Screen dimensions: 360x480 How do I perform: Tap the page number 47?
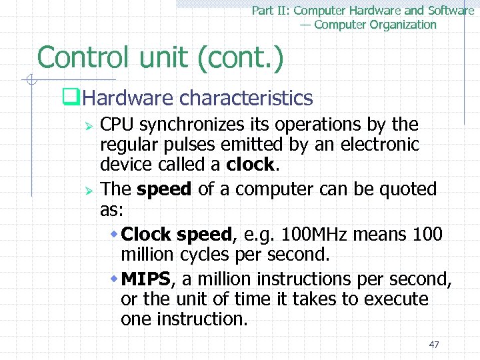pyautogui.click(x=434, y=344)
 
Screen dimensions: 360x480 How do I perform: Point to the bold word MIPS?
pyautogui.click(x=145, y=278)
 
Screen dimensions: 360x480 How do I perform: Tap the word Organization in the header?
pyautogui.click(x=393, y=25)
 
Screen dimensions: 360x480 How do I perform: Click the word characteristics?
pyautogui.click(x=246, y=99)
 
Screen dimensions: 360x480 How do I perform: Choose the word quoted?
pyautogui.click(x=408, y=189)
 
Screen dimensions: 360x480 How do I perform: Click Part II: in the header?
pyautogui.click(x=271, y=10)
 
